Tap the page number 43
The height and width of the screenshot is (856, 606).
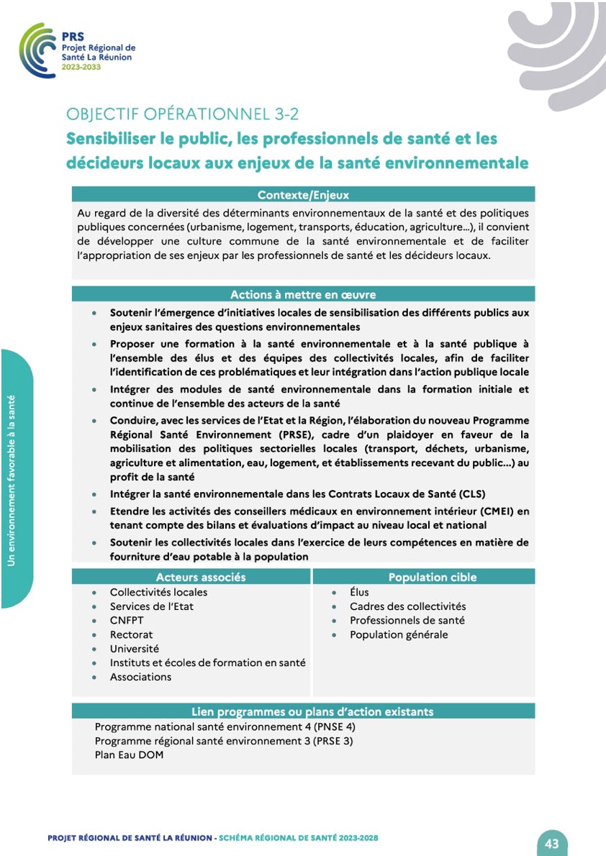click(552, 843)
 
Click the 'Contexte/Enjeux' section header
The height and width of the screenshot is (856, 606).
click(303, 194)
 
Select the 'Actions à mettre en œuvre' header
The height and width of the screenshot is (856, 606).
click(303, 294)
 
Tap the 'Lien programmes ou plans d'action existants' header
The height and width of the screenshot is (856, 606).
click(312, 711)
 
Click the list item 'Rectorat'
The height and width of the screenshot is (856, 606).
click(131, 634)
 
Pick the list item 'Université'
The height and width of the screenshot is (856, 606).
click(135, 648)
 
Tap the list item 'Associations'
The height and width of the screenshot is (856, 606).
click(140, 676)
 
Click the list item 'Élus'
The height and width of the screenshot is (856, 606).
click(359, 592)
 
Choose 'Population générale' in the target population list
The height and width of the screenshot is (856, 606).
click(399, 634)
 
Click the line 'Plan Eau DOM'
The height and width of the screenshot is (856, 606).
click(129, 755)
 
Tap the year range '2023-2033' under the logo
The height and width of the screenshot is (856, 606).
click(81, 67)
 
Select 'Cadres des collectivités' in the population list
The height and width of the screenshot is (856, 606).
click(407, 606)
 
